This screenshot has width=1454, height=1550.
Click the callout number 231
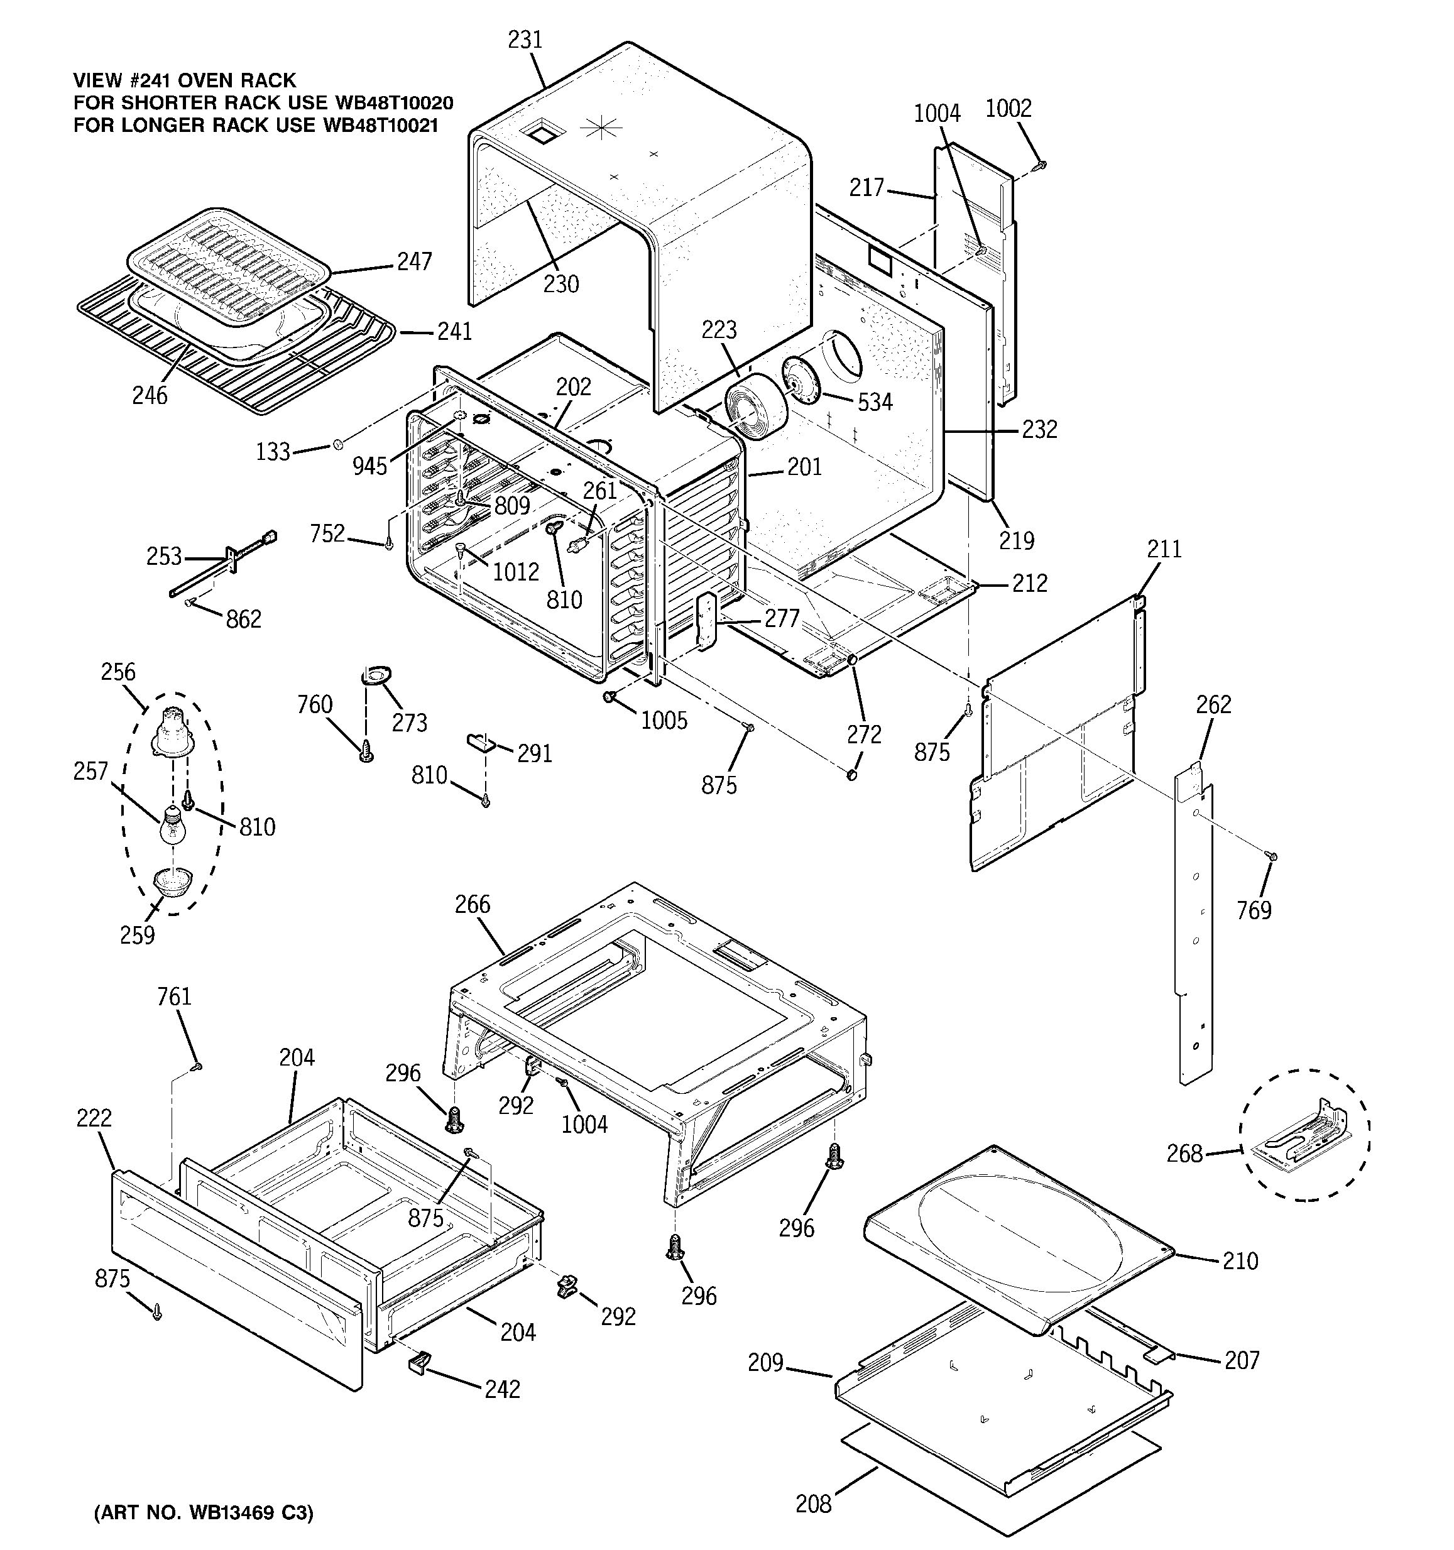point(525,40)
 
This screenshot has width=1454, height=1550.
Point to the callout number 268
point(1184,1153)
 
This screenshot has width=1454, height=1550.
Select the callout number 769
point(1254,910)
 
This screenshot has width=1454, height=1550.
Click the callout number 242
point(502,1389)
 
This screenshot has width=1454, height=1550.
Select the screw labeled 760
point(366,753)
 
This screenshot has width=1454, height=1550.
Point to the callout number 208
point(813,1504)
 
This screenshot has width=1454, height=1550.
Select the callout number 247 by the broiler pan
point(414,261)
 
